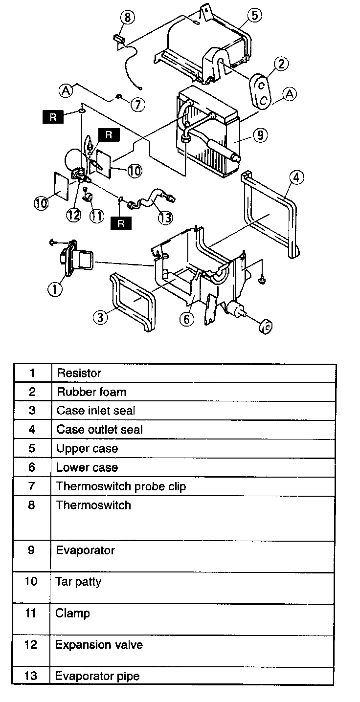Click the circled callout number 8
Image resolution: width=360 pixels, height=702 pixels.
(127, 18)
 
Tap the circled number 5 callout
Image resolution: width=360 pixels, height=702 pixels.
(254, 15)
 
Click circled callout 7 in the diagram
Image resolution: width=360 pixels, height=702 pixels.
(138, 104)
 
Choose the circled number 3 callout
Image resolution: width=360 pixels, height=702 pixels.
(100, 317)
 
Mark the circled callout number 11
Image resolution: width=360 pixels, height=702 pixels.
(97, 215)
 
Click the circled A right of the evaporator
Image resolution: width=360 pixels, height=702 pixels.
(290, 94)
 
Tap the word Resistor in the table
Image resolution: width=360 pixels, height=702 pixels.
(79, 373)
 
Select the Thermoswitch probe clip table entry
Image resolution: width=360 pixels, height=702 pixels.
(121, 486)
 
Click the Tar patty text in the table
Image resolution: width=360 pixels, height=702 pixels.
(78, 582)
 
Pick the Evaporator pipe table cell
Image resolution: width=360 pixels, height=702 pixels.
(97, 676)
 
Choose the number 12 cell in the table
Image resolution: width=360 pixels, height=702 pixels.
(31, 644)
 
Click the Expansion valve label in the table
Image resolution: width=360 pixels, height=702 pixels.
(99, 644)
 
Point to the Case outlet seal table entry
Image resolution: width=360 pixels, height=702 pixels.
(100, 429)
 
